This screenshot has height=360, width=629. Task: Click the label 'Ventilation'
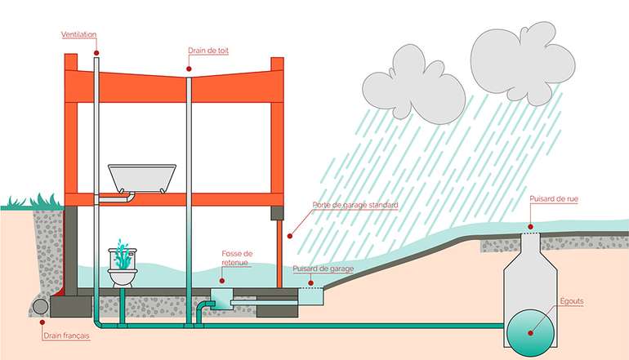point(78,35)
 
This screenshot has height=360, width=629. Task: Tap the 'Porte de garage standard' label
point(355,205)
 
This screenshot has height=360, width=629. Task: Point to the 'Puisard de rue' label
point(553,198)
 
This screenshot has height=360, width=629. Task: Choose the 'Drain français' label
point(66,336)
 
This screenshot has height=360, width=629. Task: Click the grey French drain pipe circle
point(39,306)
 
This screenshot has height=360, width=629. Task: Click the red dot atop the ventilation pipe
point(96,52)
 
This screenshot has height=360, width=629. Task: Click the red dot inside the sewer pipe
point(528,332)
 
